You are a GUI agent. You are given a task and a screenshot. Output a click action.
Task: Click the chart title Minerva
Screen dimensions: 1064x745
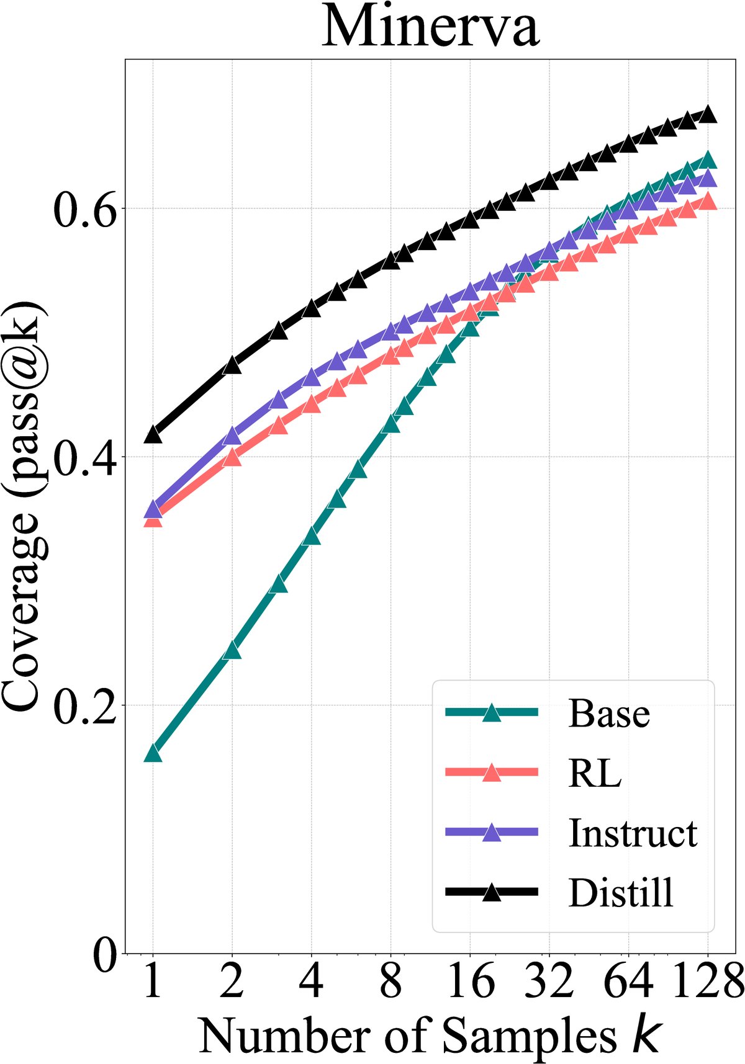click(431, 27)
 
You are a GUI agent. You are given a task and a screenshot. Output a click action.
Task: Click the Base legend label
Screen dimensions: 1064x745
click(609, 713)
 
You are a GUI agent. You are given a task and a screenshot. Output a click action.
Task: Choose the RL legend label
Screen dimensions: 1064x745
click(594, 773)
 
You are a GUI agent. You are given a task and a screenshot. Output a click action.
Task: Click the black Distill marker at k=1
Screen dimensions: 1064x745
click(153, 435)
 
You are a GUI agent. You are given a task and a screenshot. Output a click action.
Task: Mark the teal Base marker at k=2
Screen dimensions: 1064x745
click(232, 651)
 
